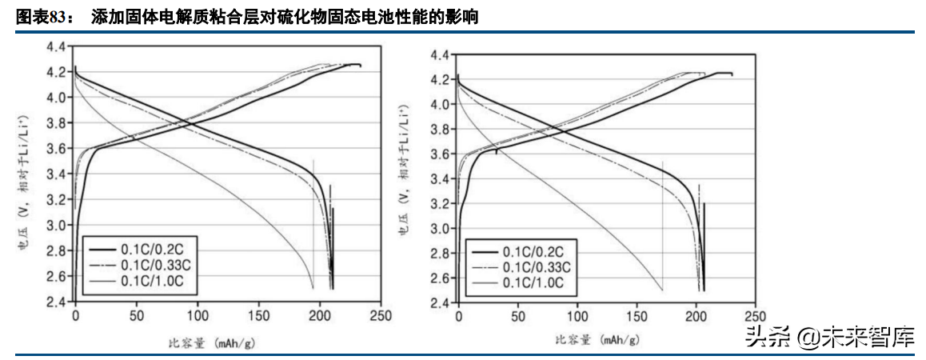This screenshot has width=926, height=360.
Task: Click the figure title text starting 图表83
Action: click(x=247, y=16)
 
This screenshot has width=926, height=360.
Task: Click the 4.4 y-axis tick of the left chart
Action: click(x=56, y=47)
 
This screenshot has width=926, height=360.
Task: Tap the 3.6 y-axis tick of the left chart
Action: click(x=56, y=149)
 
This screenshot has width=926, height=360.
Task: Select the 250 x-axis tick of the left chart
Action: click(x=380, y=316)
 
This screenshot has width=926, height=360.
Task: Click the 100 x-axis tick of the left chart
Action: click(x=197, y=316)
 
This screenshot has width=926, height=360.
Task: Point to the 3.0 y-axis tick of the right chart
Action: click(x=439, y=229)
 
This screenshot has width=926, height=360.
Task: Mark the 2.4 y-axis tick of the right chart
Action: click(x=439, y=303)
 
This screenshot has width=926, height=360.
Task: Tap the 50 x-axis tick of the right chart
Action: click(x=517, y=318)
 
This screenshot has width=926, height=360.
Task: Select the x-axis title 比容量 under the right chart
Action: click(x=596, y=341)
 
